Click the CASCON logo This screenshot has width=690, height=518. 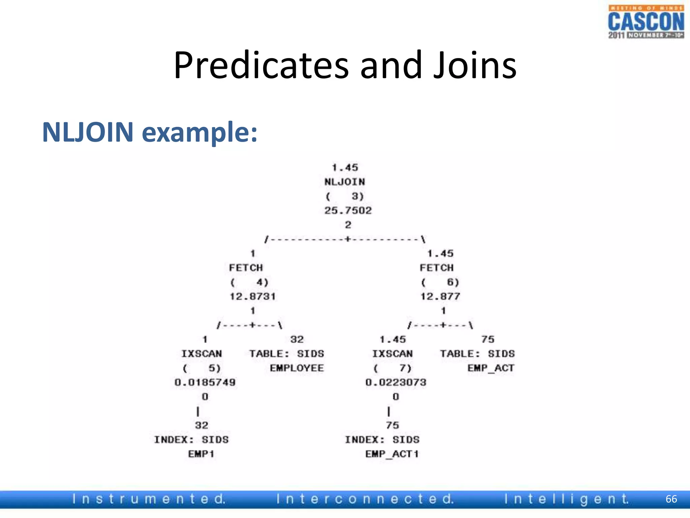point(646,22)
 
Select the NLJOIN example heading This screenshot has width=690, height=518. point(150,132)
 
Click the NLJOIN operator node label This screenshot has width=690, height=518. point(345,182)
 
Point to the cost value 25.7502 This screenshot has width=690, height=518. point(348,210)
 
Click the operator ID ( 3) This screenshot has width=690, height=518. point(345,196)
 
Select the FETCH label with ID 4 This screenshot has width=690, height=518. point(246,268)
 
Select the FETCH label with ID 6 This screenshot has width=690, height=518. point(437,268)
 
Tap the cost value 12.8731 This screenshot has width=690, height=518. point(253,296)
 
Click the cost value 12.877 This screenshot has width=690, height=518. point(440,296)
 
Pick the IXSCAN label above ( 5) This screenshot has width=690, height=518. point(201,354)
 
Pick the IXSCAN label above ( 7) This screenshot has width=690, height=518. point(392,354)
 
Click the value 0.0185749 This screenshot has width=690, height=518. point(205,382)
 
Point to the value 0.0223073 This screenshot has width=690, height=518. point(396,382)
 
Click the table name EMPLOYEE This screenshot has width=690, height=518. point(297,368)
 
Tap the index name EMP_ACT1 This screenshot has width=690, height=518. point(392,454)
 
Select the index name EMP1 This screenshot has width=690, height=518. point(201,454)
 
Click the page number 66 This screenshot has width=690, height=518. point(671,499)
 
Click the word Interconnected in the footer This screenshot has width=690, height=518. point(365,499)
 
